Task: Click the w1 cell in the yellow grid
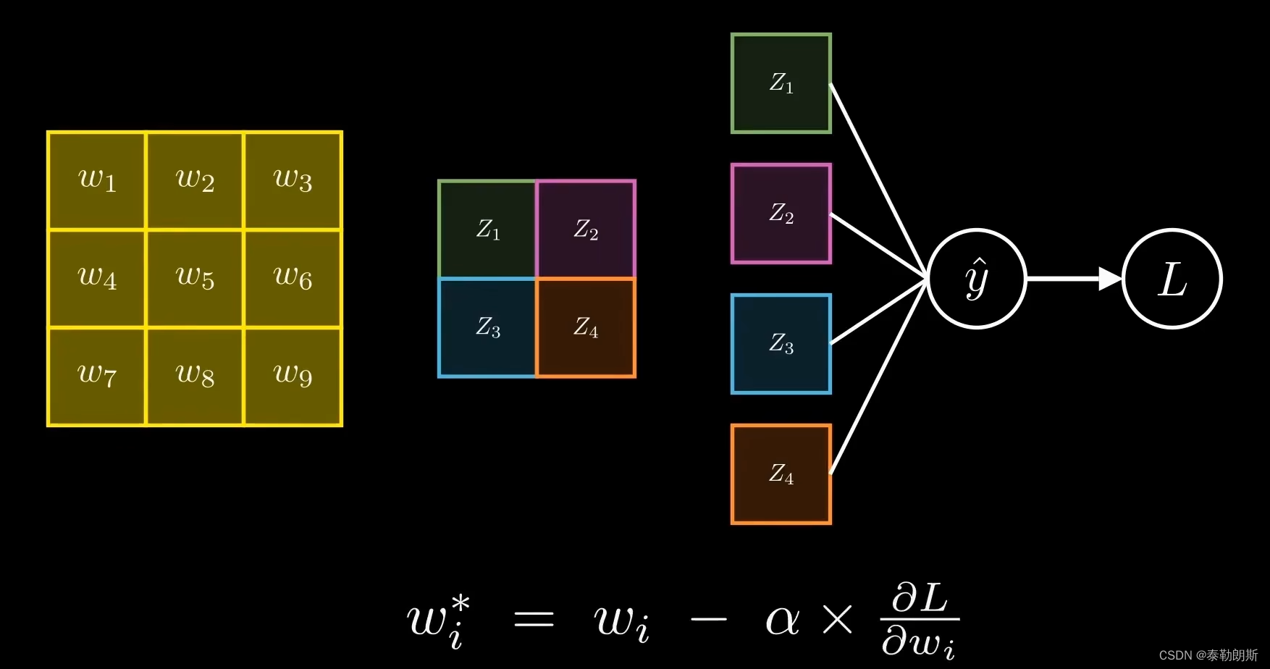(x=97, y=180)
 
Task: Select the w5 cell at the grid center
(x=195, y=279)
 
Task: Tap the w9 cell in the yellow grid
(x=293, y=376)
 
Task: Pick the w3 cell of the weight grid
(x=293, y=180)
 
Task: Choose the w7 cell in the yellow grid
(x=97, y=376)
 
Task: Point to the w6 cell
(x=293, y=279)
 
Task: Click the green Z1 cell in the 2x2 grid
(x=487, y=230)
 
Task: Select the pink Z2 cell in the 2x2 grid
(x=586, y=230)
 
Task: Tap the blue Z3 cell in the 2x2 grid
(x=487, y=327)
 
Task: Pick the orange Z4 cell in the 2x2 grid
(x=586, y=327)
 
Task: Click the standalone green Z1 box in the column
(x=781, y=83)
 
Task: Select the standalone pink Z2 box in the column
(x=781, y=214)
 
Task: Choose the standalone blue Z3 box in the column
(x=781, y=344)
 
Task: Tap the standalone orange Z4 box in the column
(x=781, y=474)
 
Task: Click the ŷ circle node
(x=977, y=279)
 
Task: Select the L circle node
(x=1172, y=279)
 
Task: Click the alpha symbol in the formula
(x=783, y=620)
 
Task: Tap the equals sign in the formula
(x=534, y=620)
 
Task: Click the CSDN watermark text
(x=1208, y=655)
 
